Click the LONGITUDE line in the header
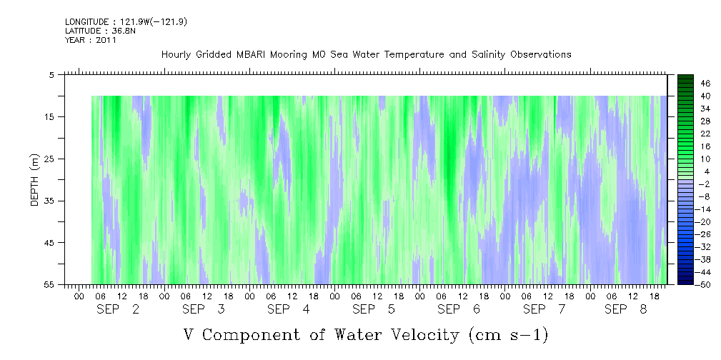126,21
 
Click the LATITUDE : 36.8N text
97,31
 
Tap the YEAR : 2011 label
91,40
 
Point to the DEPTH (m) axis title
36,180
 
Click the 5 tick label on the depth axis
51,75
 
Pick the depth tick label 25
49,159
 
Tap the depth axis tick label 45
49,243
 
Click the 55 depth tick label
49,284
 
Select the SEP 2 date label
118,309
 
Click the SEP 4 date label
288,309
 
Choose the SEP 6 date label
459,309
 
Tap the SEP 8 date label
626,309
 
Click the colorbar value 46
705,84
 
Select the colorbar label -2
704,184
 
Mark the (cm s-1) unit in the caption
509,335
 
